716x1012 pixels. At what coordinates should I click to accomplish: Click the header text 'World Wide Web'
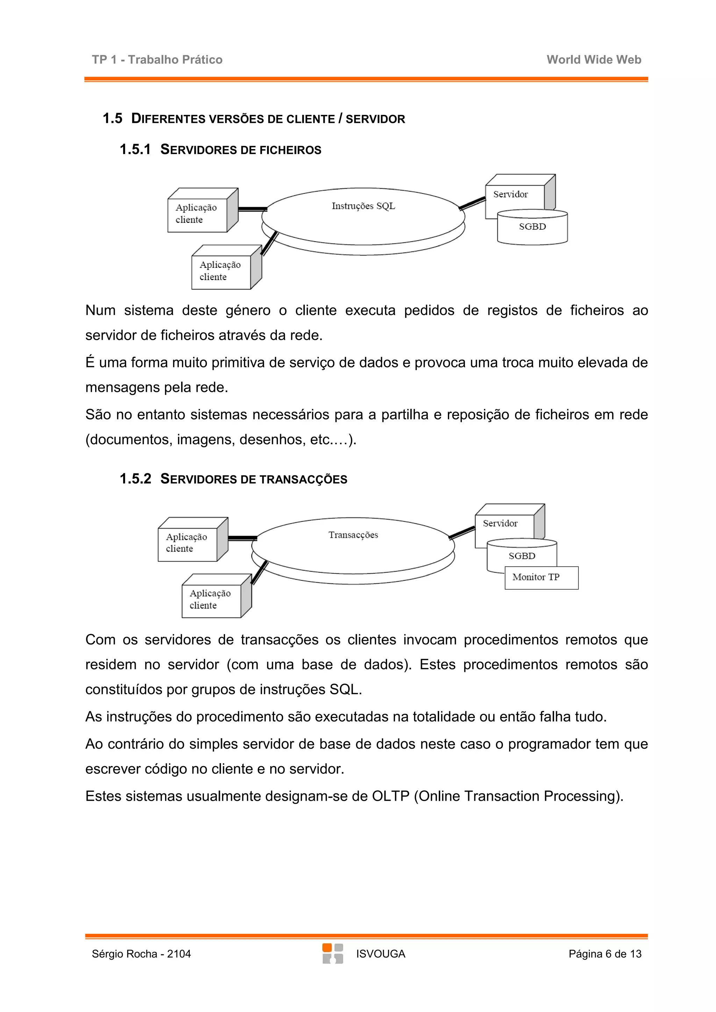[x=593, y=59]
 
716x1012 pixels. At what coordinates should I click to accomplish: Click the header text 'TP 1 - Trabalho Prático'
[x=157, y=59]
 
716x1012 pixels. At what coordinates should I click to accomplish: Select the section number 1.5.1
[x=135, y=149]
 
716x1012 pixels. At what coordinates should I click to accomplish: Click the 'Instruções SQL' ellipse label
[x=363, y=206]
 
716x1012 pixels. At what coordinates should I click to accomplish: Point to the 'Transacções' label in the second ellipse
[x=353, y=535]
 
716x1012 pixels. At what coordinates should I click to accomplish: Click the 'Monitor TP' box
[x=541, y=577]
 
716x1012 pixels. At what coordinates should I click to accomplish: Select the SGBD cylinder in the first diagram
[x=532, y=227]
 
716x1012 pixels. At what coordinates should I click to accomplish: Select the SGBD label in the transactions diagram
[x=522, y=556]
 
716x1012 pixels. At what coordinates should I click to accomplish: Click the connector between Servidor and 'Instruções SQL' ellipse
[x=472, y=203]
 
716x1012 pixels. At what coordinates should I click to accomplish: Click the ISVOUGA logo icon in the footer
[x=332, y=953]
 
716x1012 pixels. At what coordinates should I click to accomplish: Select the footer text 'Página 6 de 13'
[x=604, y=954]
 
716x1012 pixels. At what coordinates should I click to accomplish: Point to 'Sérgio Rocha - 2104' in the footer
[x=141, y=954]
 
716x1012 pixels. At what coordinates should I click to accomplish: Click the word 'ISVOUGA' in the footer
[x=380, y=954]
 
